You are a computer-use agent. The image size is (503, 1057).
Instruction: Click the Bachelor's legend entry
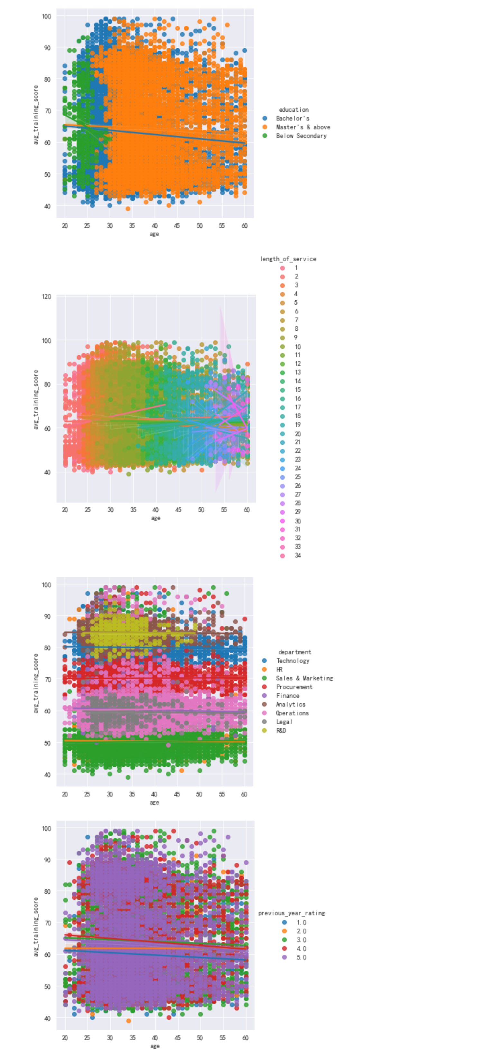(292, 118)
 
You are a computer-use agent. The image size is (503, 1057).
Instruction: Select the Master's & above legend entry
(303, 127)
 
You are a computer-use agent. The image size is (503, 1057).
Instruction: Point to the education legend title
(294, 109)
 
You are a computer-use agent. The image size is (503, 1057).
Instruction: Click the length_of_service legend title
(288, 259)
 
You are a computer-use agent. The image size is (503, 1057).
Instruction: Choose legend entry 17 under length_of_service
(297, 407)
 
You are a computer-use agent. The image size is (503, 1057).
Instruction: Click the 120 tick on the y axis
(46, 296)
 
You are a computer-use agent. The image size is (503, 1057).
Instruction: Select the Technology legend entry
(293, 661)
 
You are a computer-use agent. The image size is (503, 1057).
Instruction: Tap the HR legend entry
(279, 669)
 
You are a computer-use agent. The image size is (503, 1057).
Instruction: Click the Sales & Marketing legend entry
(304, 678)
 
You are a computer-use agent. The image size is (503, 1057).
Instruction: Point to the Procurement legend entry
(294, 687)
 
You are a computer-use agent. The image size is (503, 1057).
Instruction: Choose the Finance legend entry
(288, 696)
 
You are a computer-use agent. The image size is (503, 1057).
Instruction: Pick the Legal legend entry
(284, 722)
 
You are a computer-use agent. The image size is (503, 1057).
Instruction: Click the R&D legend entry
(281, 730)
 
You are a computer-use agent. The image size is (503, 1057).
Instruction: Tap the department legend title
(294, 652)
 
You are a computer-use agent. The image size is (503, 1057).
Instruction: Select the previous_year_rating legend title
(291, 913)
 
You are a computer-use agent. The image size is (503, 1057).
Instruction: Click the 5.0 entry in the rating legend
(301, 957)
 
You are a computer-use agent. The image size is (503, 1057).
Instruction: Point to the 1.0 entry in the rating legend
(301, 923)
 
